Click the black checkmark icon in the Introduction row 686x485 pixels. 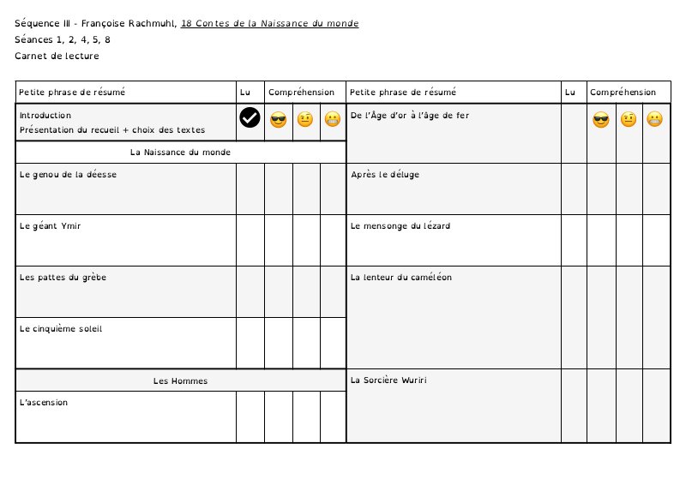click(x=250, y=118)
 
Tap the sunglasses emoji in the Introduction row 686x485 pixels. click(x=278, y=120)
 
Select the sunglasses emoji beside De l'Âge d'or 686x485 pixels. click(x=600, y=120)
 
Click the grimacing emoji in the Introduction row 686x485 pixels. click(x=333, y=120)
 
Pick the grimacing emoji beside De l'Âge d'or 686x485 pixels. click(x=655, y=120)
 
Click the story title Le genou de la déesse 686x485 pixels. click(x=68, y=174)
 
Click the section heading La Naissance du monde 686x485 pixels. click(x=180, y=152)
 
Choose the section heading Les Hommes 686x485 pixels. click(x=180, y=380)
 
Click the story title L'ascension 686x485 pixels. click(x=44, y=402)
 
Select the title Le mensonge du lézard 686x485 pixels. click(x=400, y=226)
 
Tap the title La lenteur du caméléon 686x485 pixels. click(x=401, y=277)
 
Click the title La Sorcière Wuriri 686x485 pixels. click(x=388, y=380)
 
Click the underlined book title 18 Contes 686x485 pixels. click(x=269, y=23)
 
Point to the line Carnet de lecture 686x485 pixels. click(x=57, y=56)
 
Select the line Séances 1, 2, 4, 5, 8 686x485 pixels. click(x=62, y=39)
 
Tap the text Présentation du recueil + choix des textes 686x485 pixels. click(x=112, y=130)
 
